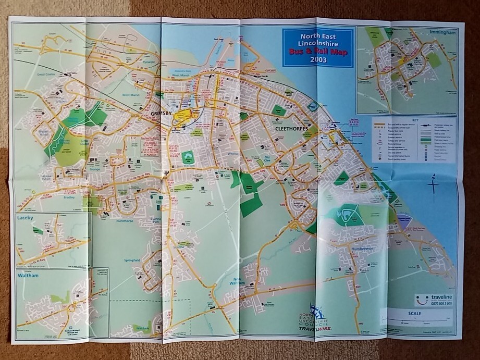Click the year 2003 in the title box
coord(317,59)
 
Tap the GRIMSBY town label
coord(161,113)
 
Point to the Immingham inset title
coord(442,32)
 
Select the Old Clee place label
coord(267,157)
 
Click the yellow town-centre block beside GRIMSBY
coord(183,117)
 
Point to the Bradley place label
coord(69,197)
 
